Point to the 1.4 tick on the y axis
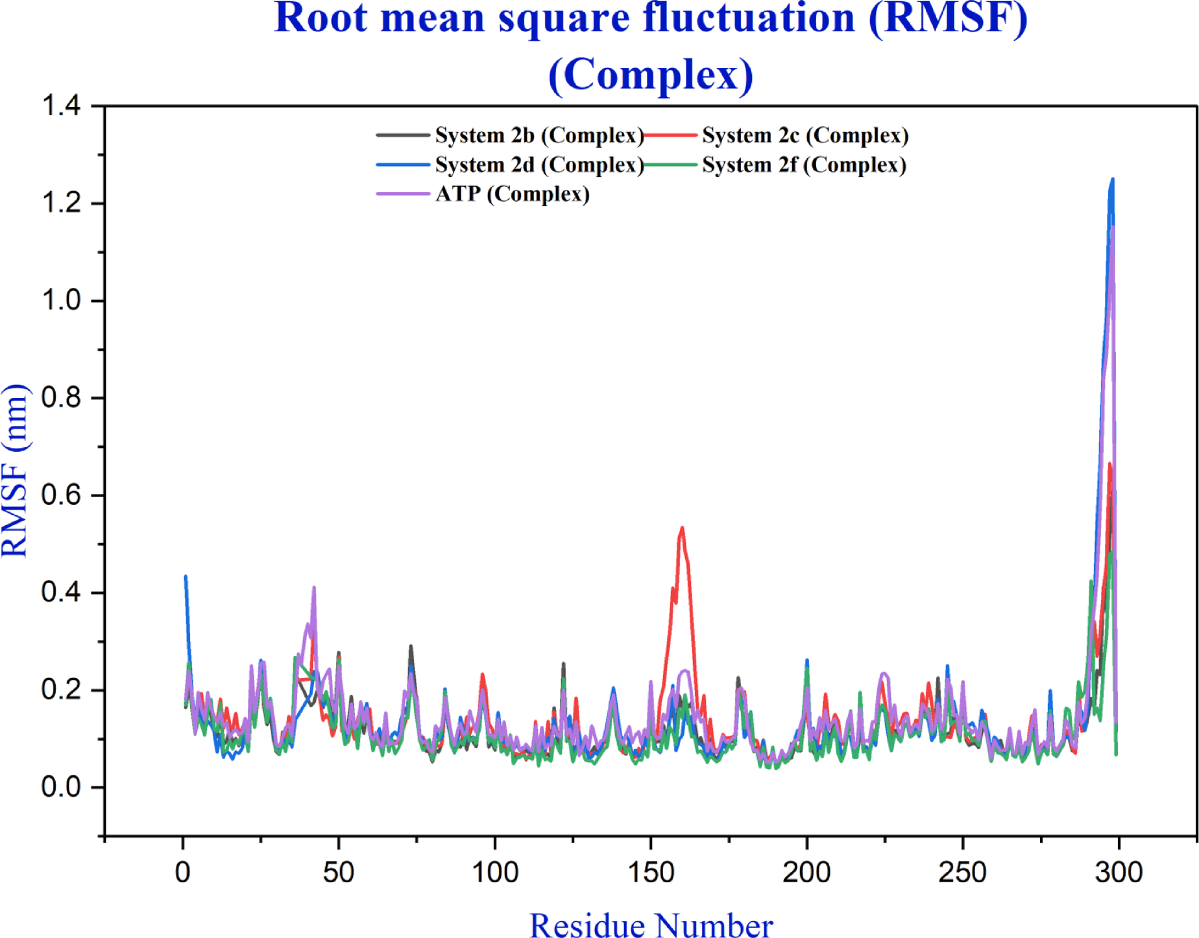tap(61, 106)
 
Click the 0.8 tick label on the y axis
tap(61, 397)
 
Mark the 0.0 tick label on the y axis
tap(61, 787)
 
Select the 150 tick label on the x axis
tap(651, 872)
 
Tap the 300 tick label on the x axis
tap(1119, 872)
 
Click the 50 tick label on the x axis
tap(339, 872)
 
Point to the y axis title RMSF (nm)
tap(16, 471)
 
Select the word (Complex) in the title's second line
tap(651, 74)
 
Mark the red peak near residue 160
tap(682, 528)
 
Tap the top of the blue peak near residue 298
tap(1113, 180)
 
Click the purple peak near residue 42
tap(314, 588)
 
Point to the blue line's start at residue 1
tap(186, 576)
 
